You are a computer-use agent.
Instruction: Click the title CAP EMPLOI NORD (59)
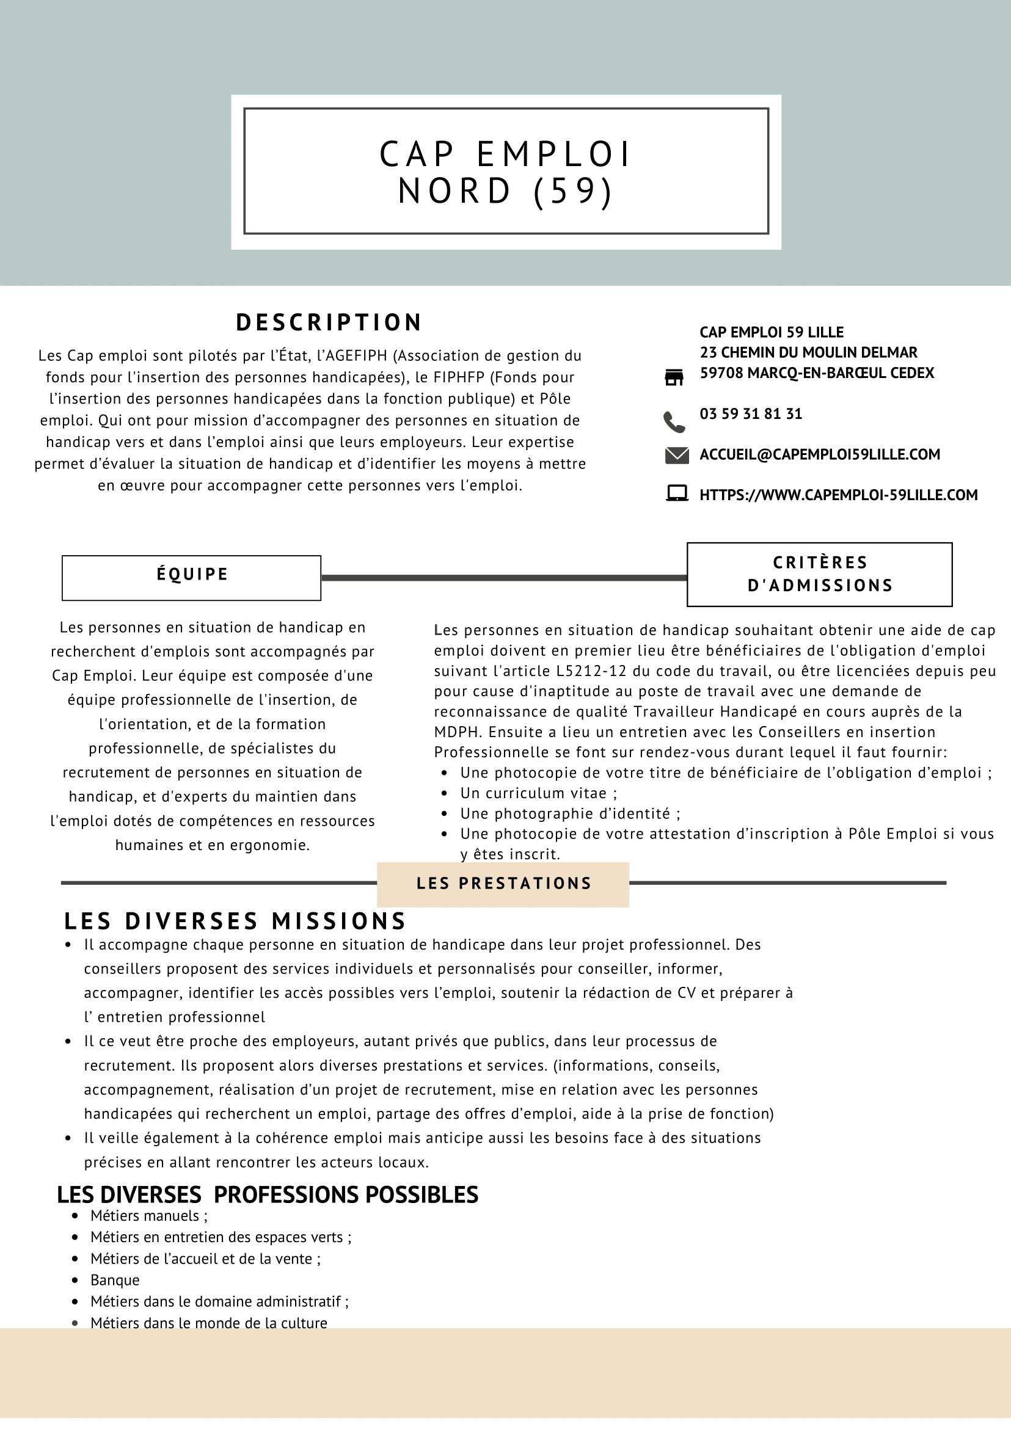(x=506, y=172)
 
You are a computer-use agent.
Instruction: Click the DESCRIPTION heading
(x=329, y=322)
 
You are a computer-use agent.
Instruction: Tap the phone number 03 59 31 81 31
(x=751, y=414)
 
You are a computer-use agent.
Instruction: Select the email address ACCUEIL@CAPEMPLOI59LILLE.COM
(x=819, y=454)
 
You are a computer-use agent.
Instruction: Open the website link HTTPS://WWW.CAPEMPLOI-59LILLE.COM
(x=838, y=495)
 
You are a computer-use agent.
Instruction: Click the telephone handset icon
(x=674, y=422)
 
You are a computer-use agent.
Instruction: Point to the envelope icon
(x=677, y=456)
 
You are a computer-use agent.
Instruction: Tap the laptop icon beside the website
(x=677, y=493)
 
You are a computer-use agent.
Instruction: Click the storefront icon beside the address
(x=674, y=377)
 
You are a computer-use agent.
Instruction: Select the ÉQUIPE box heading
(x=192, y=575)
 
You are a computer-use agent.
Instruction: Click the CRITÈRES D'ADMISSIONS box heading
(x=819, y=574)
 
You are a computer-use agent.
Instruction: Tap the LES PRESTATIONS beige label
(x=503, y=884)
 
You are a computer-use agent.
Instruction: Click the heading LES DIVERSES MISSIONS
(x=235, y=920)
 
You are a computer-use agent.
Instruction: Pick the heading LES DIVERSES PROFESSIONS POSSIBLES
(x=268, y=1194)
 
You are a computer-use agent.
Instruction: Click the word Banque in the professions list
(x=115, y=1279)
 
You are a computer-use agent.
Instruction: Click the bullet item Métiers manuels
(x=149, y=1215)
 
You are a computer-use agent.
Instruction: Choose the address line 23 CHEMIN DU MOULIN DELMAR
(x=808, y=352)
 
